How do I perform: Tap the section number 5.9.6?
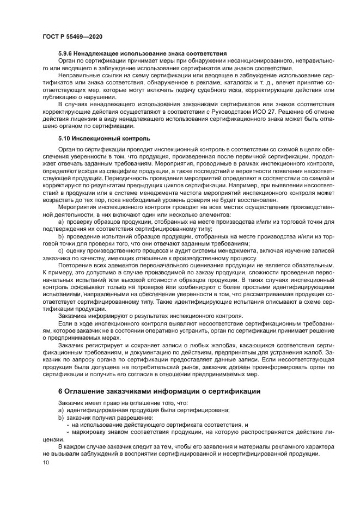click(66, 53)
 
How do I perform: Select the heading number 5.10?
click(64, 138)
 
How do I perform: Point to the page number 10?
click(46, 463)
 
